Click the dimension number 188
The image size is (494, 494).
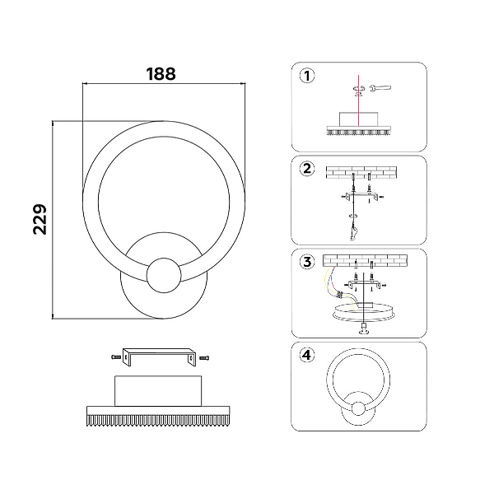pos(161,74)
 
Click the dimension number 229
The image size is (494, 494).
pos(40,219)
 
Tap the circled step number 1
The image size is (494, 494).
pos(307,76)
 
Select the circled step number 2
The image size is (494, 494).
pos(307,169)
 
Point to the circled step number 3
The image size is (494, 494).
pos(307,262)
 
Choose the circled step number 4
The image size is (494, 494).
pos(307,355)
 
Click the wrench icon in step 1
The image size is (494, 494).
pos(380,88)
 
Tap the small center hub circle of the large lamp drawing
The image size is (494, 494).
pos(164,275)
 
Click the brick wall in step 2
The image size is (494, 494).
pos(361,172)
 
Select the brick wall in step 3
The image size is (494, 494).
pos(365,260)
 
